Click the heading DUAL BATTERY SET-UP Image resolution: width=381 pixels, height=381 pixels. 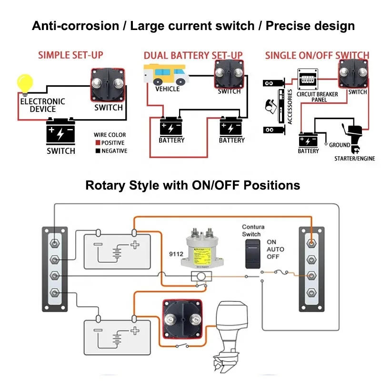click(193, 56)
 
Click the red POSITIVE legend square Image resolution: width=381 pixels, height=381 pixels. click(97, 143)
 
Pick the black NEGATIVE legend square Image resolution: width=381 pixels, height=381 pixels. click(97, 151)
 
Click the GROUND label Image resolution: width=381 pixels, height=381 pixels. click(339, 145)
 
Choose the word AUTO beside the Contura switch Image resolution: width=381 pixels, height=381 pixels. click(275, 249)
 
